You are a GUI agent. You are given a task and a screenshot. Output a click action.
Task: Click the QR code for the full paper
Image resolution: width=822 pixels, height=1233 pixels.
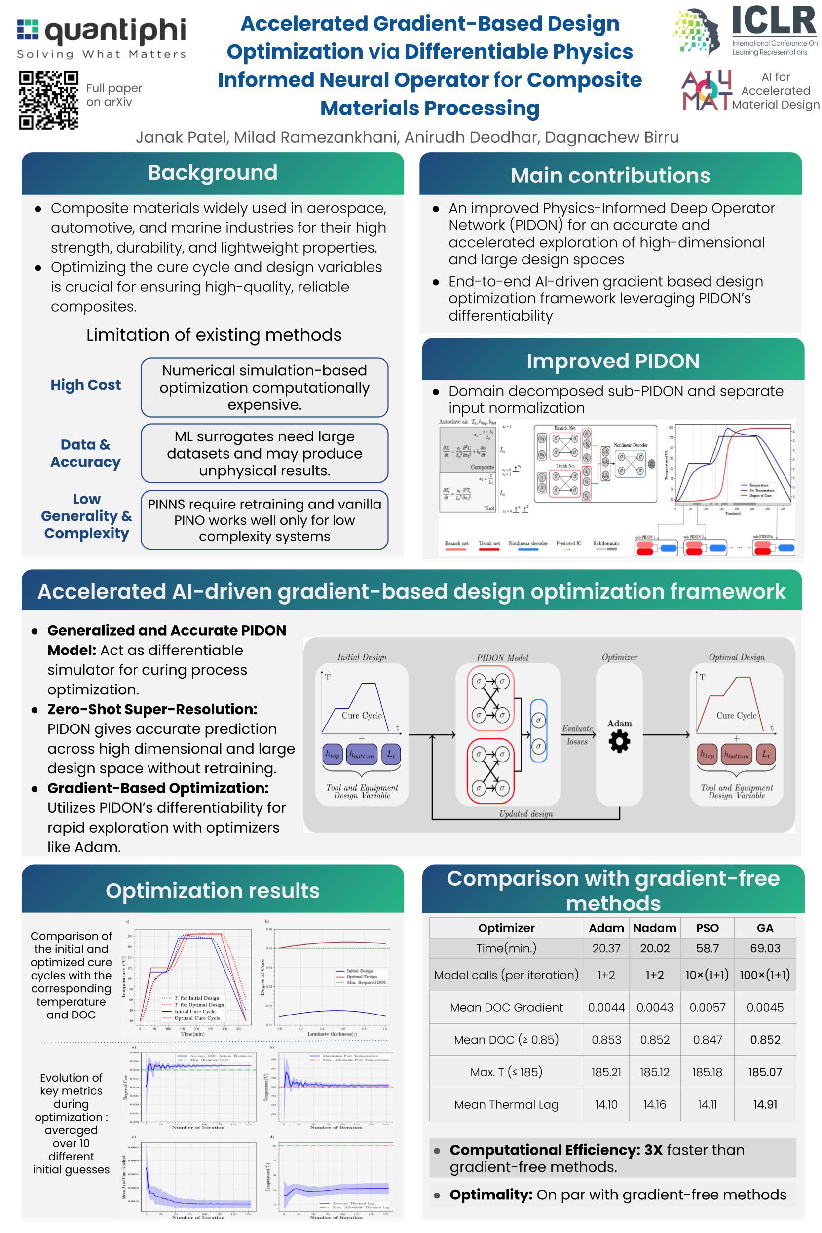49,100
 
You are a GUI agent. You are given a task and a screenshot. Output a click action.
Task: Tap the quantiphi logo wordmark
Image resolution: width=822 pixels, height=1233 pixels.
115,32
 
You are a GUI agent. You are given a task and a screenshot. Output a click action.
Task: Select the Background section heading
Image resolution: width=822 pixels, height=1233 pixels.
212,173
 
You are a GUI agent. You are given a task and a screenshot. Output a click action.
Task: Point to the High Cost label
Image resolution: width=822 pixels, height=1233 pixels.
85,385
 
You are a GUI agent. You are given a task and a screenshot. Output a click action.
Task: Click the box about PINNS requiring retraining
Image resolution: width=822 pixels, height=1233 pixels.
264,520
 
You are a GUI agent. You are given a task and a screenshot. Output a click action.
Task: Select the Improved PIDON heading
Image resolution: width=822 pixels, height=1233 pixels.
612,361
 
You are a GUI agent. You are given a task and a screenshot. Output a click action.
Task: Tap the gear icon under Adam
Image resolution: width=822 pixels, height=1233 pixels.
619,742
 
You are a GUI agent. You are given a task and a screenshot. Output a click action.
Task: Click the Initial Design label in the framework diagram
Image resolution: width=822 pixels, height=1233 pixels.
362,657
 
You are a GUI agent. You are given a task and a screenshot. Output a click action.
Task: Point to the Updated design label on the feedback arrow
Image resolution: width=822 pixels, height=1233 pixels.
526,813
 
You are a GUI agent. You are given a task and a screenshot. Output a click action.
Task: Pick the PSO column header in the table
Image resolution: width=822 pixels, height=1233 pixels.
707,928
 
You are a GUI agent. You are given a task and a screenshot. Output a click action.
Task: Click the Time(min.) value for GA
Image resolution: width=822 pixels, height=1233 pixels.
765,948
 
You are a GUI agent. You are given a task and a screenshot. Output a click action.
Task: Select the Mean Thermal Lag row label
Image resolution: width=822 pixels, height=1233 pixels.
506,1105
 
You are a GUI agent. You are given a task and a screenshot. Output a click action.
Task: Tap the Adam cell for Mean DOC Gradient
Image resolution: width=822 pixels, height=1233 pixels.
606,1007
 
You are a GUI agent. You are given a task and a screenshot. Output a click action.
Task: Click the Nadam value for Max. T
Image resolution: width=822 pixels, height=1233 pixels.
654,1072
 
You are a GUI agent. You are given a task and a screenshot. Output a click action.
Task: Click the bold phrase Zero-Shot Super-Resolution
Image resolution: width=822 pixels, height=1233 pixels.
152,710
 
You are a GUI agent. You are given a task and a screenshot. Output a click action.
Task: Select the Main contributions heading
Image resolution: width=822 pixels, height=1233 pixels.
610,176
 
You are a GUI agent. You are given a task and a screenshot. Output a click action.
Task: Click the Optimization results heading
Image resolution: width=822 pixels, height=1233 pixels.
212,891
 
